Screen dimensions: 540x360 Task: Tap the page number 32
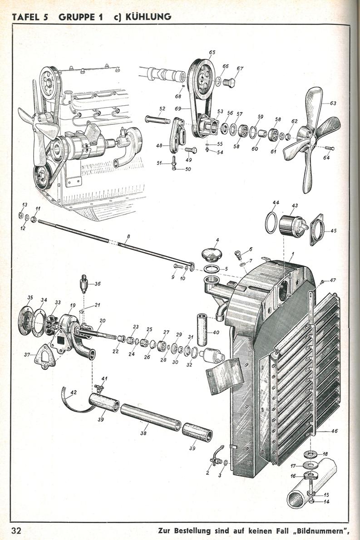[x=19, y=530]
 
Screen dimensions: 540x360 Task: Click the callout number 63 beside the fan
[x=333, y=103]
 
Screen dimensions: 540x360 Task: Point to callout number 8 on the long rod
[x=128, y=237]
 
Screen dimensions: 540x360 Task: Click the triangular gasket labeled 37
[x=45, y=355]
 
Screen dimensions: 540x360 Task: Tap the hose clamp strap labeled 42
[x=74, y=394]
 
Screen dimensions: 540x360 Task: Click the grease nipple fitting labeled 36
[x=84, y=284]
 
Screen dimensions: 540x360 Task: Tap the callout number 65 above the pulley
[x=212, y=53]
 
